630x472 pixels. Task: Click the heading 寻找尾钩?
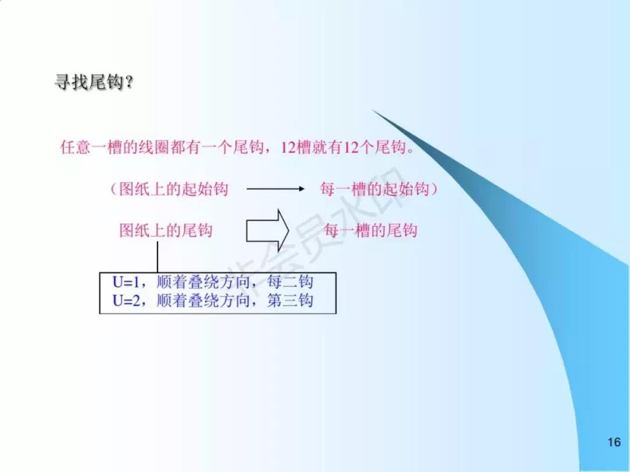[x=93, y=83]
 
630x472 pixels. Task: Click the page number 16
[x=614, y=443]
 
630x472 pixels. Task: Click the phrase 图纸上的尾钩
[x=166, y=230]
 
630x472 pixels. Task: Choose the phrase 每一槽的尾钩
[x=370, y=230]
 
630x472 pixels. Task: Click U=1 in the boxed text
[x=127, y=283]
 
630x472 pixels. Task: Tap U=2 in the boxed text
[x=127, y=301]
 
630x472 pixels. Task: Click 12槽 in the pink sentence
[x=292, y=147]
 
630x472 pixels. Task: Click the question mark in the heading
[x=129, y=83]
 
